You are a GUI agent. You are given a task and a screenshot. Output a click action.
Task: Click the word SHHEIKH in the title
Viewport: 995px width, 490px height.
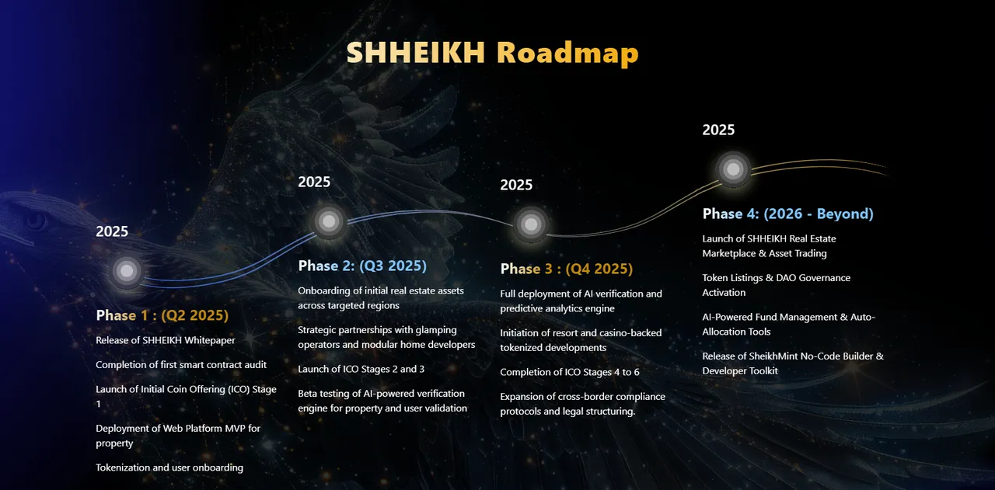[415, 52]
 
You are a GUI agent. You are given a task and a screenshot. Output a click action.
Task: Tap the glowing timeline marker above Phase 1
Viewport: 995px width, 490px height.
[127, 271]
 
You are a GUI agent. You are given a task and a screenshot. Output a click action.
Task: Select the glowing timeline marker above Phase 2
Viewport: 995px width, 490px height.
[329, 221]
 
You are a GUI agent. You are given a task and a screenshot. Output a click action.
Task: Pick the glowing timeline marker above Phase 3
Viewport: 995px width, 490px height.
[531, 224]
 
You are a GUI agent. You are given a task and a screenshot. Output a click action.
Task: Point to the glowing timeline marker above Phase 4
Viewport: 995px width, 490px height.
[733, 169]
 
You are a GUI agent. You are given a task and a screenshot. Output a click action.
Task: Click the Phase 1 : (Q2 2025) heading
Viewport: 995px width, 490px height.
[162, 315]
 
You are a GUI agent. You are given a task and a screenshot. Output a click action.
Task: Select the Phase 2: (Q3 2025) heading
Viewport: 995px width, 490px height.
[362, 266]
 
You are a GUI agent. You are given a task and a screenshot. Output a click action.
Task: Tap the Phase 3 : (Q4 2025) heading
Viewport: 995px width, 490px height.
[567, 269]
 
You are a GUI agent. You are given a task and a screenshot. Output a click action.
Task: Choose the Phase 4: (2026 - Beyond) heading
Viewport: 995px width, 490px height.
[787, 214]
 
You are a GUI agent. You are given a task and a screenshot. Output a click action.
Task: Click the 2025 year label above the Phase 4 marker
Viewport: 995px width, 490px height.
[718, 130]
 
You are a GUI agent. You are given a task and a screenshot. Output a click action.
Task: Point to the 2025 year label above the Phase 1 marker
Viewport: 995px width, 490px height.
[112, 231]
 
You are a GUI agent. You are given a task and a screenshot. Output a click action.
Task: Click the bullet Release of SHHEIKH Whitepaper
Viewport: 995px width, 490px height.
[166, 340]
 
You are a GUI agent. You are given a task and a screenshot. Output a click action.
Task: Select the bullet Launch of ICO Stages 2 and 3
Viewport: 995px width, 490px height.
[361, 370]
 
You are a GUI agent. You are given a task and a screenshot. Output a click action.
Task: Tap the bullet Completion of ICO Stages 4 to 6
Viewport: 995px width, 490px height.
[570, 373]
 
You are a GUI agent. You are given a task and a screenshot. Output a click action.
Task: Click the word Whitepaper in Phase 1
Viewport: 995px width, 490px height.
[210, 341]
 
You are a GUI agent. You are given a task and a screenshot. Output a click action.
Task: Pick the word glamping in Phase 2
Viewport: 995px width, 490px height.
[436, 331]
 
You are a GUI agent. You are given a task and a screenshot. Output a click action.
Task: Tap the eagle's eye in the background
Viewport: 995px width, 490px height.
[36, 220]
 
